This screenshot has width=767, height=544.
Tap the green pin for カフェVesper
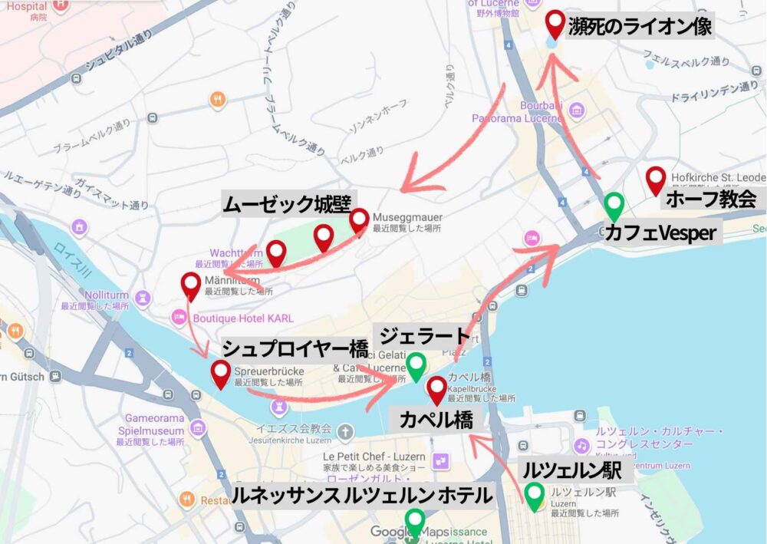[x=614, y=205]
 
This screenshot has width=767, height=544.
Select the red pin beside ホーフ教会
[x=655, y=180]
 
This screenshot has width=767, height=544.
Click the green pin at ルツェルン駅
[x=534, y=493]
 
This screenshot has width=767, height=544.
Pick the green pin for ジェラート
[x=416, y=365]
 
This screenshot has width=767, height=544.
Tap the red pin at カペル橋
[x=436, y=389]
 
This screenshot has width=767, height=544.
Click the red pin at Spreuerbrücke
[x=222, y=374]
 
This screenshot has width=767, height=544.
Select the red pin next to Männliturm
[x=190, y=285]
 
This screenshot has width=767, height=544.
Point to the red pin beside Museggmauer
[x=359, y=221]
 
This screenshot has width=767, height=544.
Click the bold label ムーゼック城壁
[x=286, y=204]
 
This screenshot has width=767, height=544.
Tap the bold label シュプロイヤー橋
[x=295, y=349]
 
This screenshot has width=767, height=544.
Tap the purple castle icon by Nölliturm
[x=142, y=296]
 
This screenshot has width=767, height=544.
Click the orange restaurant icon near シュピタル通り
[x=218, y=99]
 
